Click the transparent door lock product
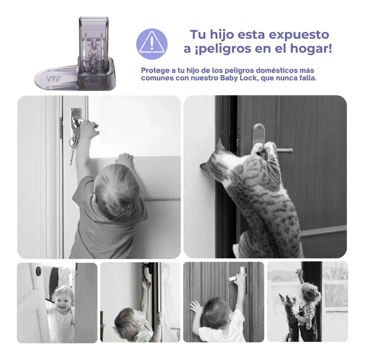(x=75, y=54)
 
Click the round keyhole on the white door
(x=39, y=269)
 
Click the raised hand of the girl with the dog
(x=300, y=273)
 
